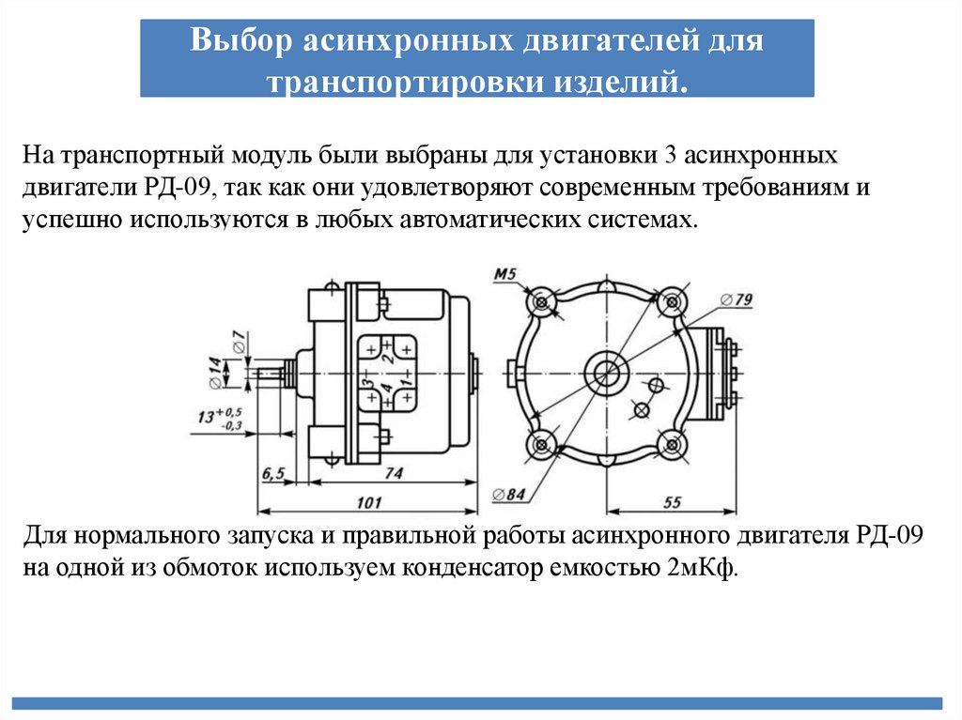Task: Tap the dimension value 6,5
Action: (273, 474)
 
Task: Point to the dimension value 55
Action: (672, 502)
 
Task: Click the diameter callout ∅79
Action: (737, 299)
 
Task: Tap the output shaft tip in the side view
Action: (266, 373)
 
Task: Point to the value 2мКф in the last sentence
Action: (709, 567)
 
